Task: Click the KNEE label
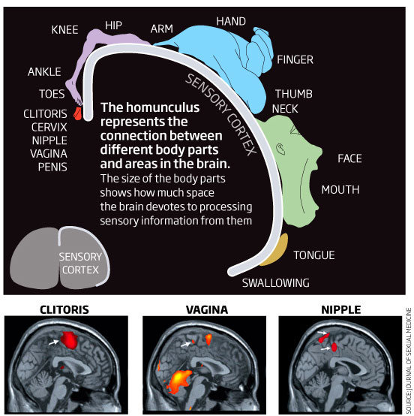[64, 30]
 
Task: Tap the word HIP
[113, 26]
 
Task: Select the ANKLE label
[44, 71]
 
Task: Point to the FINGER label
[295, 59]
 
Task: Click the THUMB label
[294, 94]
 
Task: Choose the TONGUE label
[314, 255]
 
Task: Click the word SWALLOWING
[276, 283]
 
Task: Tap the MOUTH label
[340, 190]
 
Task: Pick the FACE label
[349, 158]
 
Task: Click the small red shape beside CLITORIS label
[77, 113]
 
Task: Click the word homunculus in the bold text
[163, 107]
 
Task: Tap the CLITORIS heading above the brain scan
[64, 310]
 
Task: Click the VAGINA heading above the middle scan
[207, 310]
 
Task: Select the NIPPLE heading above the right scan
[341, 310]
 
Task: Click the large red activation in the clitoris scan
[69, 340]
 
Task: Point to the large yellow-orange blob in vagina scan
[180, 380]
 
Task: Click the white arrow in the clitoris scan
[54, 342]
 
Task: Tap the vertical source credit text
[409, 360]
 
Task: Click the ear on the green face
[280, 149]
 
